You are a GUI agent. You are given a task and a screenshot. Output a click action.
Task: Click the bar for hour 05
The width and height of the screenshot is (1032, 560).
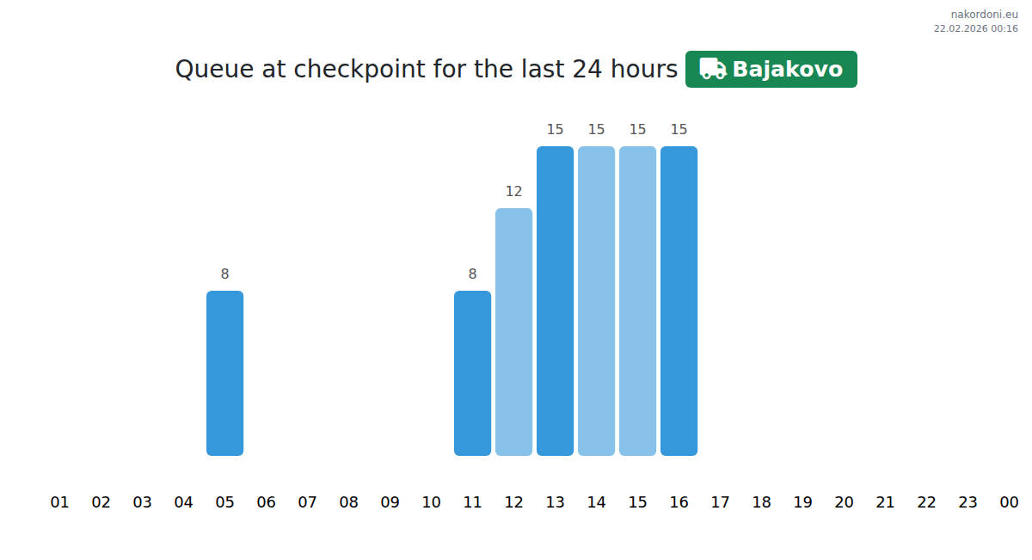224,373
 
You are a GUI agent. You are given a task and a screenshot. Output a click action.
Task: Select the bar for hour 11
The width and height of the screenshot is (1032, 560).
472,373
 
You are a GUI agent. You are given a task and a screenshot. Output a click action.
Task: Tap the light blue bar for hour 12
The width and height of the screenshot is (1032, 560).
513,332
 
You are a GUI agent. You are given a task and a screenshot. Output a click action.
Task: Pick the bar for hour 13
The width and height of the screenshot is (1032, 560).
556,301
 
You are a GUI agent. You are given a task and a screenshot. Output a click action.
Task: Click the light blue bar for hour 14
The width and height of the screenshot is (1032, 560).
596,301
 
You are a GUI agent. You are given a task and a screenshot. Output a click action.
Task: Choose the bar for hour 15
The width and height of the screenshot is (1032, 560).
637,301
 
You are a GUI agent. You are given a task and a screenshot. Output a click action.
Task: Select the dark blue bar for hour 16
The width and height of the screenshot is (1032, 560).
679,301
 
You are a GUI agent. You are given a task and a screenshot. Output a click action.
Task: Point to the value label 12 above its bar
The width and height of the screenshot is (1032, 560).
513,191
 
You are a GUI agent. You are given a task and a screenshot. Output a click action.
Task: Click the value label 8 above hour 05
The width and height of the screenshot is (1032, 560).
224,274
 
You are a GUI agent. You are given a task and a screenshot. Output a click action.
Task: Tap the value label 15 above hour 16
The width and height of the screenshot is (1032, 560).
679,130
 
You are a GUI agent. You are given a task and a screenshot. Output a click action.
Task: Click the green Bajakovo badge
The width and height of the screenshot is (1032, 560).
771,69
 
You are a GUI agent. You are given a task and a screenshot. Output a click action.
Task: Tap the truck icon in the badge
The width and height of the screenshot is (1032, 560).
713,69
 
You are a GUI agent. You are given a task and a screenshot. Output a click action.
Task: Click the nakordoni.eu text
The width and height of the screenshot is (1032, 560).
985,15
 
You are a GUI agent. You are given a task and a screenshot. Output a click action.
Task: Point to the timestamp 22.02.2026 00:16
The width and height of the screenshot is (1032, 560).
976,28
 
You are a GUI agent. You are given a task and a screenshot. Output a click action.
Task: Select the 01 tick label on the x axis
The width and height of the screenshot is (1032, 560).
59,502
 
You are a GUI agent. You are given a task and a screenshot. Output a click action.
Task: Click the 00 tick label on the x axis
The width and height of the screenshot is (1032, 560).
1009,502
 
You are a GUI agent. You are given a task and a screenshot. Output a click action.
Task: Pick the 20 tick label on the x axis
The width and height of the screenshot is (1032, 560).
844,502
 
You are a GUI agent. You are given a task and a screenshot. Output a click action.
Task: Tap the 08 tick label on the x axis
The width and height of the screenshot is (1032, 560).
349,502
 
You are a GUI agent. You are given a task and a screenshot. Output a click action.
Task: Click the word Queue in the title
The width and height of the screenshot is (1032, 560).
215,70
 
